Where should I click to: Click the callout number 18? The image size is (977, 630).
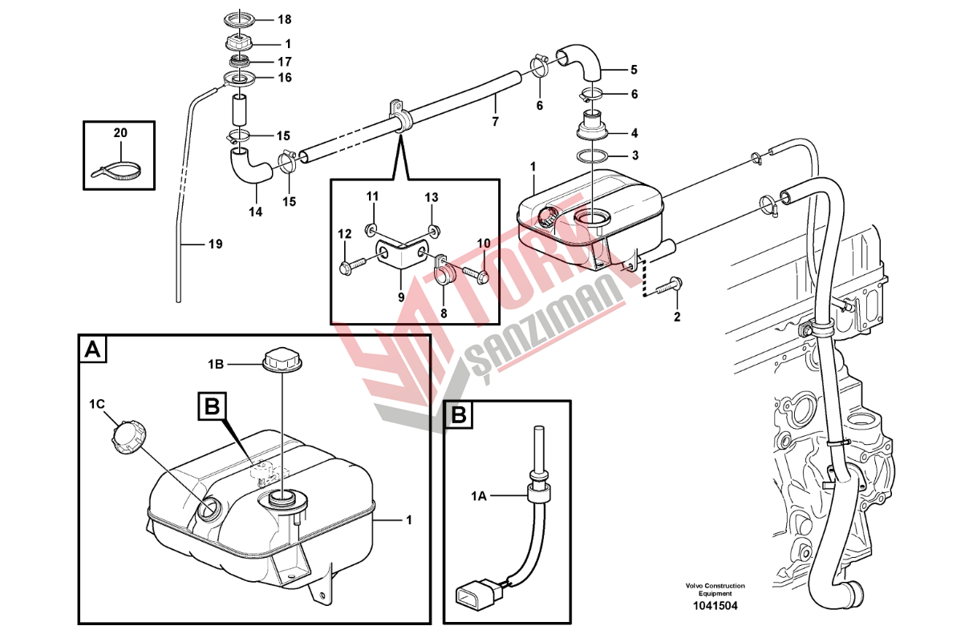285,19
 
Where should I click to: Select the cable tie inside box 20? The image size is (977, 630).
116,171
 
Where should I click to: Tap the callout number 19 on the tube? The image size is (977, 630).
216,244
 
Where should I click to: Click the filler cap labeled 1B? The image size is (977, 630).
282,360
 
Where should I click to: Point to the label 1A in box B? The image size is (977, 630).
478,496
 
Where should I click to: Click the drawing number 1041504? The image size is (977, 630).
715,606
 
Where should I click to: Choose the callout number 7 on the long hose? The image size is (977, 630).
495,122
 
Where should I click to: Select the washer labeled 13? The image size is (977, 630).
433,229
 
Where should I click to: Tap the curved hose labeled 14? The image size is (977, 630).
250,167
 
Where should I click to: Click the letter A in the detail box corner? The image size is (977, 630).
92,349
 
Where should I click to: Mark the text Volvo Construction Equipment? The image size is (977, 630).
715,589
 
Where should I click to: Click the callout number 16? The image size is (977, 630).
285,78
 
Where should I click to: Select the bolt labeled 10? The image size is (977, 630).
476,275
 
